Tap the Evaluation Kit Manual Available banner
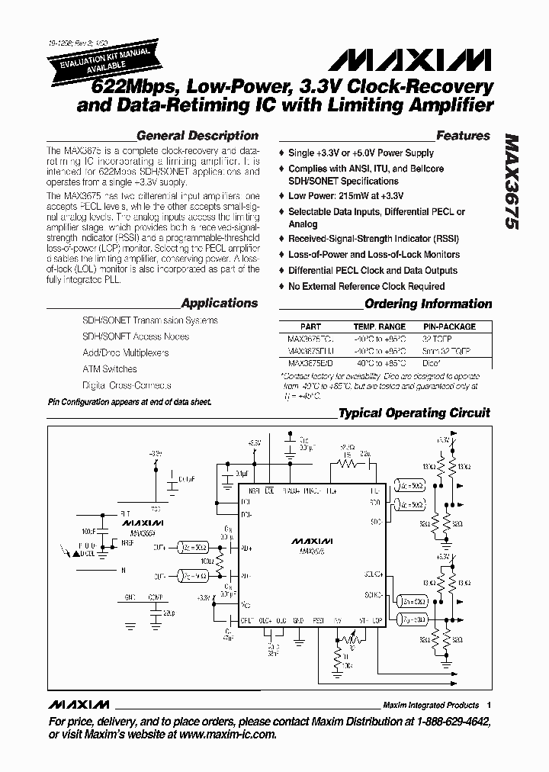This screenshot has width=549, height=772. tap(104, 60)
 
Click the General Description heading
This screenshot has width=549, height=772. tap(197, 136)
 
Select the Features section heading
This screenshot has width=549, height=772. tap(462, 136)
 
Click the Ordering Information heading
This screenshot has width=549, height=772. tap(428, 304)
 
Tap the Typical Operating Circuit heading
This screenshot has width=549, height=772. tap(413, 413)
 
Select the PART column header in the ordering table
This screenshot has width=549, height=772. tap(310, 326)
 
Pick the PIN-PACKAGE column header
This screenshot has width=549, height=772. tap(449, 326)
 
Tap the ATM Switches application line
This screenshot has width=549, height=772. tap(110, 369)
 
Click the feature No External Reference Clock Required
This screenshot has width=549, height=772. tap(366, 286)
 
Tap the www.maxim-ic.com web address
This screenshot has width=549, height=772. tap(226, 734)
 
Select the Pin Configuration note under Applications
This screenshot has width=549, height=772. tap(129, 401)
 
